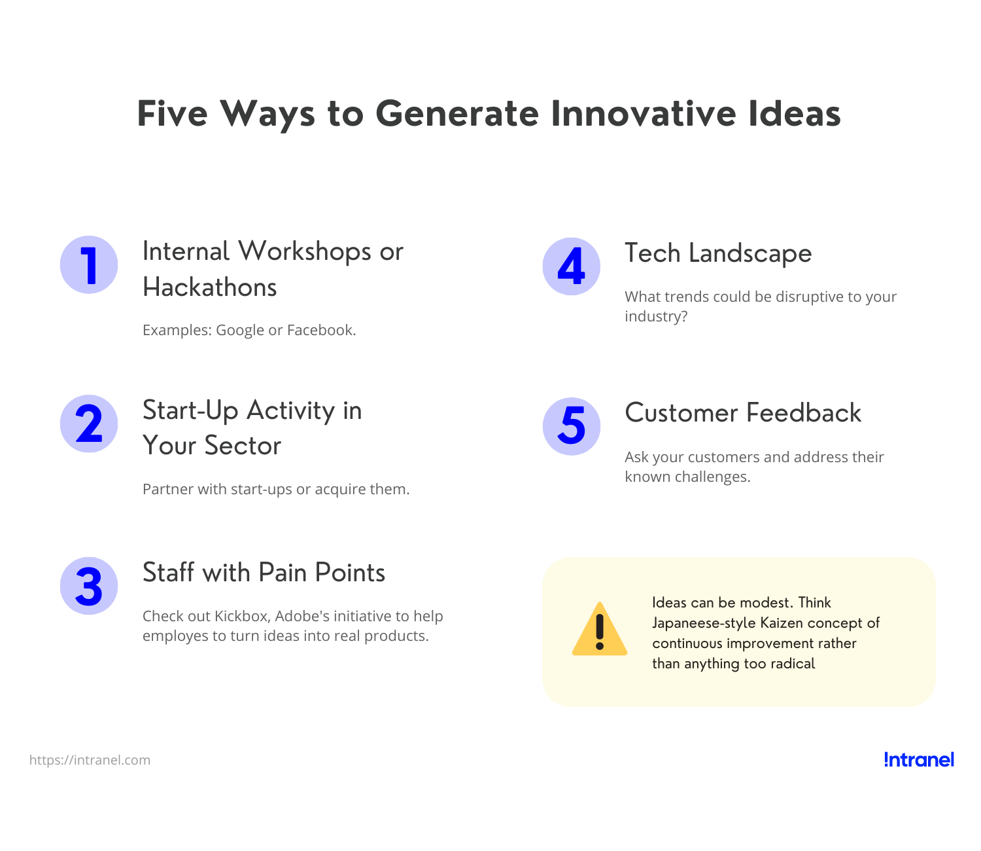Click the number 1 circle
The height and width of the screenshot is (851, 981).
[x=89, y=265]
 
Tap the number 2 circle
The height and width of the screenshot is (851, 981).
[x=89, y=424]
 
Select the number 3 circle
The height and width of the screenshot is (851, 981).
[x=89, y=586]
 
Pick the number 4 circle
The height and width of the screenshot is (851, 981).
[x=572, y=266]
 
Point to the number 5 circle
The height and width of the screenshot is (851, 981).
[x=572, y=426]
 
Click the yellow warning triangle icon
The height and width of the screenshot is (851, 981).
[x=600, y=630]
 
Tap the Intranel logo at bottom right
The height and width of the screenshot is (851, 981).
[x=919, y=759]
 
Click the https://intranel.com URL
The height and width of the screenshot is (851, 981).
[x=90, y=760]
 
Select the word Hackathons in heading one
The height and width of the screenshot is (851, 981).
[x=210, y=287]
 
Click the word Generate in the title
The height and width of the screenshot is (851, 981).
[x=457, y=114]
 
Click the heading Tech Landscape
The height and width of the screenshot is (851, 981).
[x=718, y=253]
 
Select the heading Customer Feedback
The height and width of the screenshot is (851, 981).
[x=743, y=413]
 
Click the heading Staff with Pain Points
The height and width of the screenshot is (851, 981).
[x=264, y=573]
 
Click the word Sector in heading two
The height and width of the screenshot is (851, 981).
[x=243, y=446]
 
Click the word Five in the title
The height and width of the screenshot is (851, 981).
[x=172, y=114]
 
